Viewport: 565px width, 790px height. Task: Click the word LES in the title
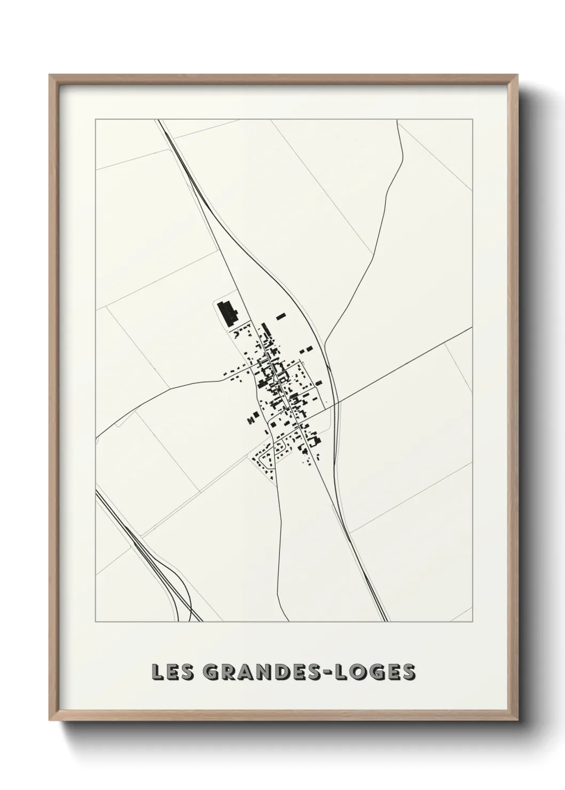(171, 672)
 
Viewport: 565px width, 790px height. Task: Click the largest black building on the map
(227, 314)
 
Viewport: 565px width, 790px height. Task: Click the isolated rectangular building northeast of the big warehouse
(281, 317)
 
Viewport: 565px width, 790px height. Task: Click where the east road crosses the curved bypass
(336, 404)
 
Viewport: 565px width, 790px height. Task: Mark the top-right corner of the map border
(472, 119)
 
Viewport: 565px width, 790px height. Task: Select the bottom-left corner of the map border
(96, 622)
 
